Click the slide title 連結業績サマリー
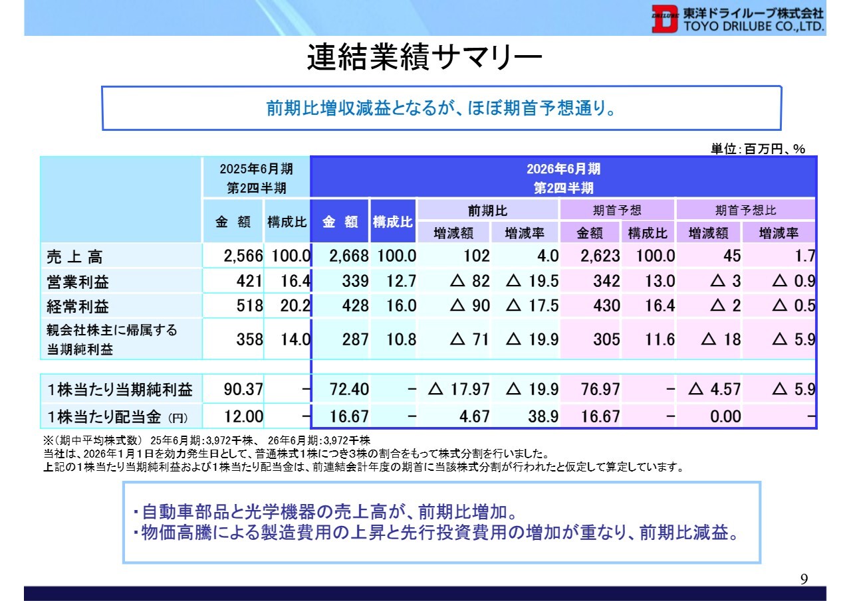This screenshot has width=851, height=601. tap(425, 58)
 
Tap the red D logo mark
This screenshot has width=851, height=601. tap(663, 20)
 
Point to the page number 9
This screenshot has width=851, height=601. tap(804, 579)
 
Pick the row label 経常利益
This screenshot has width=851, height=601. tap(78, 306)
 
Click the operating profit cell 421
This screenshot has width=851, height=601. tap(249, 282)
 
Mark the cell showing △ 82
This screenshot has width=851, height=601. tap(470, 282)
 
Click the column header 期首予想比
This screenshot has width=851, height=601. tap(745, 211)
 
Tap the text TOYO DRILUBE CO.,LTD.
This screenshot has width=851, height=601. tap(752, 27)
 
